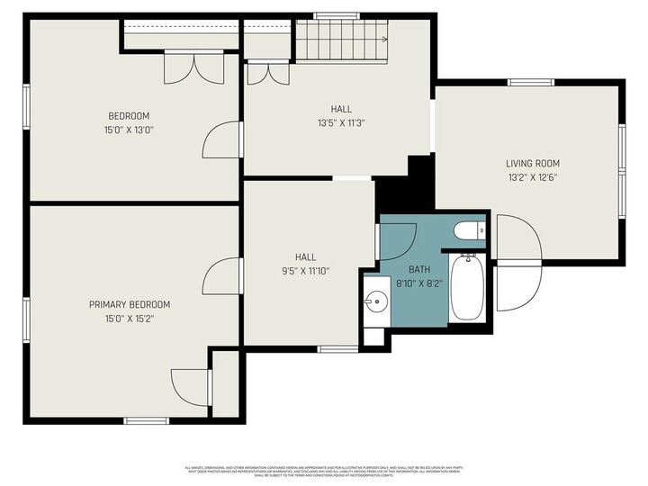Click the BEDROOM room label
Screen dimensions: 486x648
pyautogui.click(x=129, y=116)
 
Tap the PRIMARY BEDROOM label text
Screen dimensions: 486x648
pyautogui.click(x=129, y=304)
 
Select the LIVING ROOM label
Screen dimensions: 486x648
pyautogui.click(x=532, y=164)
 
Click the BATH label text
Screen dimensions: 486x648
pyautogui.click(x=419, y=269)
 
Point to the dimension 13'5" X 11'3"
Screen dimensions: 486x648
pyautogui.click(x=340, y=123)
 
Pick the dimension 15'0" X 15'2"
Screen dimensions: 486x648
pyautogui.click(x=129, y=319)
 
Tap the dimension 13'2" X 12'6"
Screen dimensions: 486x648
pyautogui.click(x=532, y=177)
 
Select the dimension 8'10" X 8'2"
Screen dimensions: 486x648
pyautogui.click(x=419, y=283)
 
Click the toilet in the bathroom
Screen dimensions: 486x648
pyautogui.click(x=469, y=232)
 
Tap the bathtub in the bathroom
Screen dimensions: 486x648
pyautogui.click(x=466, y=287)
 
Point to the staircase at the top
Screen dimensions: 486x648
pyautogui.click(x=340, y=40)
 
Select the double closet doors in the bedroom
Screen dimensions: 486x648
pyautogui.click(x=193, y=68)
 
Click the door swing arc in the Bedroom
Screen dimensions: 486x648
pyautogui.click(x=220, y=141)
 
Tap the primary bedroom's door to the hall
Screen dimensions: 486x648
pyautogui.click(x=222, y=276)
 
